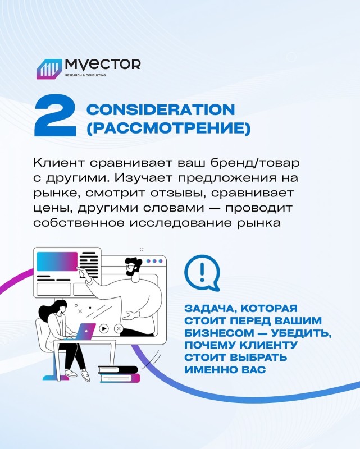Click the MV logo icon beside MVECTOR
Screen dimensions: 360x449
[49, 69]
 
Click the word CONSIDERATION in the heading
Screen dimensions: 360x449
[161, 109]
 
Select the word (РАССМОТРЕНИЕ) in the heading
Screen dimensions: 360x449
[168, 128]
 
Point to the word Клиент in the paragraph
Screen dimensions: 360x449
[59, 163]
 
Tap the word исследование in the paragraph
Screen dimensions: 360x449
[180, 223]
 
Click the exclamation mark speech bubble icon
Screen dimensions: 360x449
[202, 273]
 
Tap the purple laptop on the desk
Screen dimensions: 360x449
[85, 332]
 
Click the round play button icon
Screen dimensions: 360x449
[104, 328]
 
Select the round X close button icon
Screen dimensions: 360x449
[119, 328]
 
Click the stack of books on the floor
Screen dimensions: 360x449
[119, 374]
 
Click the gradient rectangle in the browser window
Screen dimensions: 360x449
[57, 261]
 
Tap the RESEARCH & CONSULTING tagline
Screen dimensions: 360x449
[85, 75]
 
